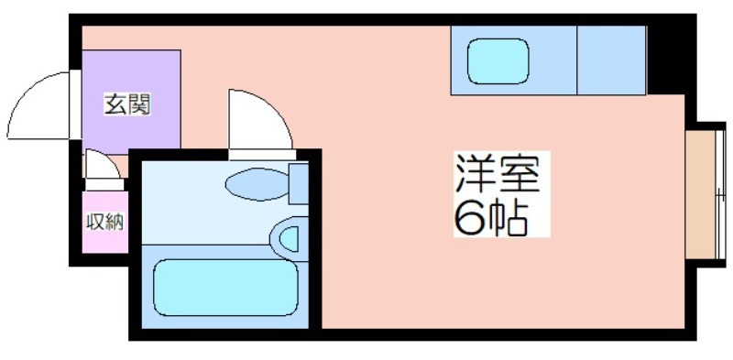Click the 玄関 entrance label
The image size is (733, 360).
click(127, 104)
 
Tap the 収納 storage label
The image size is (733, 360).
click(105, 222)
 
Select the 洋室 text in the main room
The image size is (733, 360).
click(498, 173)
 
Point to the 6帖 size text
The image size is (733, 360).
click(491, 218)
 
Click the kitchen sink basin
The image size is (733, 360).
click(498, 61)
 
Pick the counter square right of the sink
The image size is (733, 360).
click(611, 60)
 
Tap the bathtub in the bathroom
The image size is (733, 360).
click(225, 288)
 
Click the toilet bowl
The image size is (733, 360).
click(257, 185)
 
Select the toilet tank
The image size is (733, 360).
click(299, 184)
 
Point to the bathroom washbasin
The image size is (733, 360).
click(289, 239)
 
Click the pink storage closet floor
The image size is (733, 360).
click(105, 222)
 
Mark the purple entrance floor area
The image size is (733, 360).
click(131, 102)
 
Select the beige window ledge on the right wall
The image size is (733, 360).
click(700, 194)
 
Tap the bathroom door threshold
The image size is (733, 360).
click(262, 155)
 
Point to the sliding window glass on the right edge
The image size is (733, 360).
click(720, 194)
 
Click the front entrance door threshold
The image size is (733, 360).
click(75, 104)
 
